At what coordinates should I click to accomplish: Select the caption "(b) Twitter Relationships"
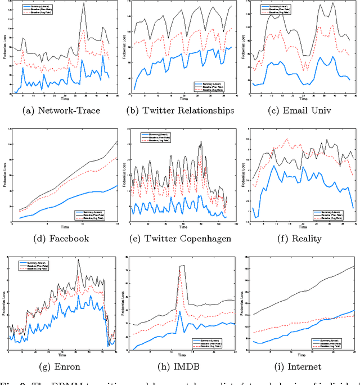(x=180, y=110)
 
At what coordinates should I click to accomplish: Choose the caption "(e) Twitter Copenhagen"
(x=180, y=238)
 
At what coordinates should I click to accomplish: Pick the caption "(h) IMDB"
(x=180, y=366)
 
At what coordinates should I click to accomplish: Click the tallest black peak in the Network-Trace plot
(x=83, y=3)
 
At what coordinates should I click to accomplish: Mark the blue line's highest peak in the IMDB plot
(x=180, y=311)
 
